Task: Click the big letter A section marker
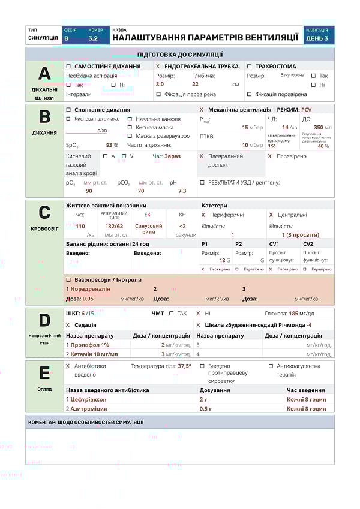44,74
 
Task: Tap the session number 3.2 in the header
93,38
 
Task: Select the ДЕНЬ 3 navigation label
317,38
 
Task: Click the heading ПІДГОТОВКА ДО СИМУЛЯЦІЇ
180,54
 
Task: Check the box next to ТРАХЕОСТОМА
250,66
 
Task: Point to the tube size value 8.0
160,85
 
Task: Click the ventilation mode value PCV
307,110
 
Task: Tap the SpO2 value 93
110,145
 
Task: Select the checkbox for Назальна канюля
130,119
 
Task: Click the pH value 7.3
182,191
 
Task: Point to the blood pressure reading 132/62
114,226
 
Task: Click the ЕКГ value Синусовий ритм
149,229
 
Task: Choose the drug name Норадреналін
91,289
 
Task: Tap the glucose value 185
293,314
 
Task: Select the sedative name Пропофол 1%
90,345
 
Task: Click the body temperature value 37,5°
184,366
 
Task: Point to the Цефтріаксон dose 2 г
204,399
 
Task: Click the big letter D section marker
44,320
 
